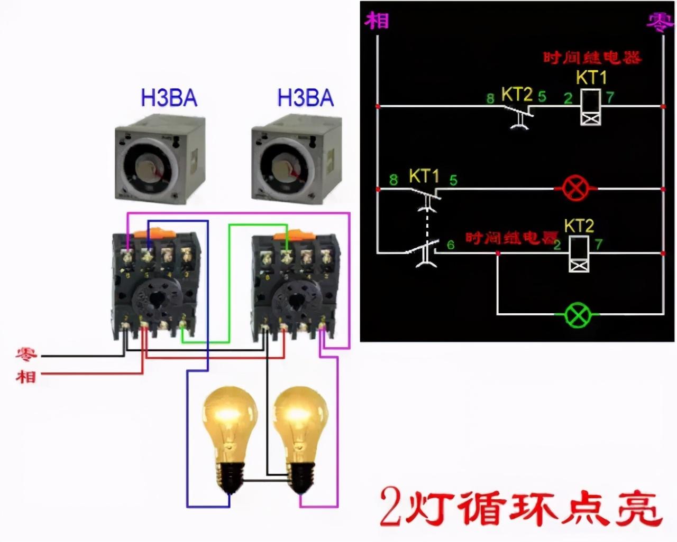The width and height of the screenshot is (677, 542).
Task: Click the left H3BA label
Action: point(169,98)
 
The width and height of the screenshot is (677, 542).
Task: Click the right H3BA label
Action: point(306,98)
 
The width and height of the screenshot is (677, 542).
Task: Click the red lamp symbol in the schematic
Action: point(575,189)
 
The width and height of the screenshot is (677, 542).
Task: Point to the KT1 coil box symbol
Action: point(591,107)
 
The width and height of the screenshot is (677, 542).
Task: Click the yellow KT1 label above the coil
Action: point(591,78)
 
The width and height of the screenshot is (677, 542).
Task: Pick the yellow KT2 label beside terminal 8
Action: point(516,94)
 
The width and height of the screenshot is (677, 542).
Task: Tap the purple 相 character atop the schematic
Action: point(377,21)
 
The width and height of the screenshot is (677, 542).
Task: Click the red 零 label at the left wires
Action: point(25,354)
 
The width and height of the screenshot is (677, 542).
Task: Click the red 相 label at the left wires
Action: point(25,376)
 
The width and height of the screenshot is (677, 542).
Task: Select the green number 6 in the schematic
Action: point(451,245)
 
